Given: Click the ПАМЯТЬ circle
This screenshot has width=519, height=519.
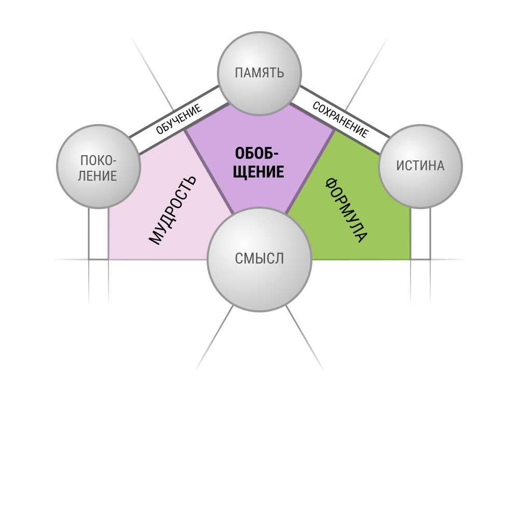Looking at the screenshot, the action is tap(259, 74).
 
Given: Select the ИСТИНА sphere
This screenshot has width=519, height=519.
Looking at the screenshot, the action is tap(420, 167).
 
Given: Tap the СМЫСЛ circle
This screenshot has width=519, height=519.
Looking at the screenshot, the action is tap(259, 259).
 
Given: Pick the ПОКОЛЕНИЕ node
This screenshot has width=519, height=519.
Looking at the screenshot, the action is tap(99, 167).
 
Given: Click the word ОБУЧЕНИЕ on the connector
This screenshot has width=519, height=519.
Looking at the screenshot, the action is tap(179, 119).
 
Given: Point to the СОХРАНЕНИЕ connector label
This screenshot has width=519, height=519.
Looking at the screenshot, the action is tap(340, 119).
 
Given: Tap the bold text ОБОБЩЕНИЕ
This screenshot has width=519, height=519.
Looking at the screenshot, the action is tap(258, 162).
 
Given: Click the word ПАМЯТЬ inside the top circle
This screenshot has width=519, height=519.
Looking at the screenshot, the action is tap(259, 73).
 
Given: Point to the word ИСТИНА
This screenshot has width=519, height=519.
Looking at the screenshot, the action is tap(420, 166).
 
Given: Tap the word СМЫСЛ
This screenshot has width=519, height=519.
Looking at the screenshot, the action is tap(259, 258).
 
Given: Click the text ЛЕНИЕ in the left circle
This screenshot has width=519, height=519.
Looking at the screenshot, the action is tap(98, 176).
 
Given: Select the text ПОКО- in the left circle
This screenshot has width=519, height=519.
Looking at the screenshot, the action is tap(98, 160).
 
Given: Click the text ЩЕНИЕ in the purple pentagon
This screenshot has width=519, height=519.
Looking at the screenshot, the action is tap(258, 172).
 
